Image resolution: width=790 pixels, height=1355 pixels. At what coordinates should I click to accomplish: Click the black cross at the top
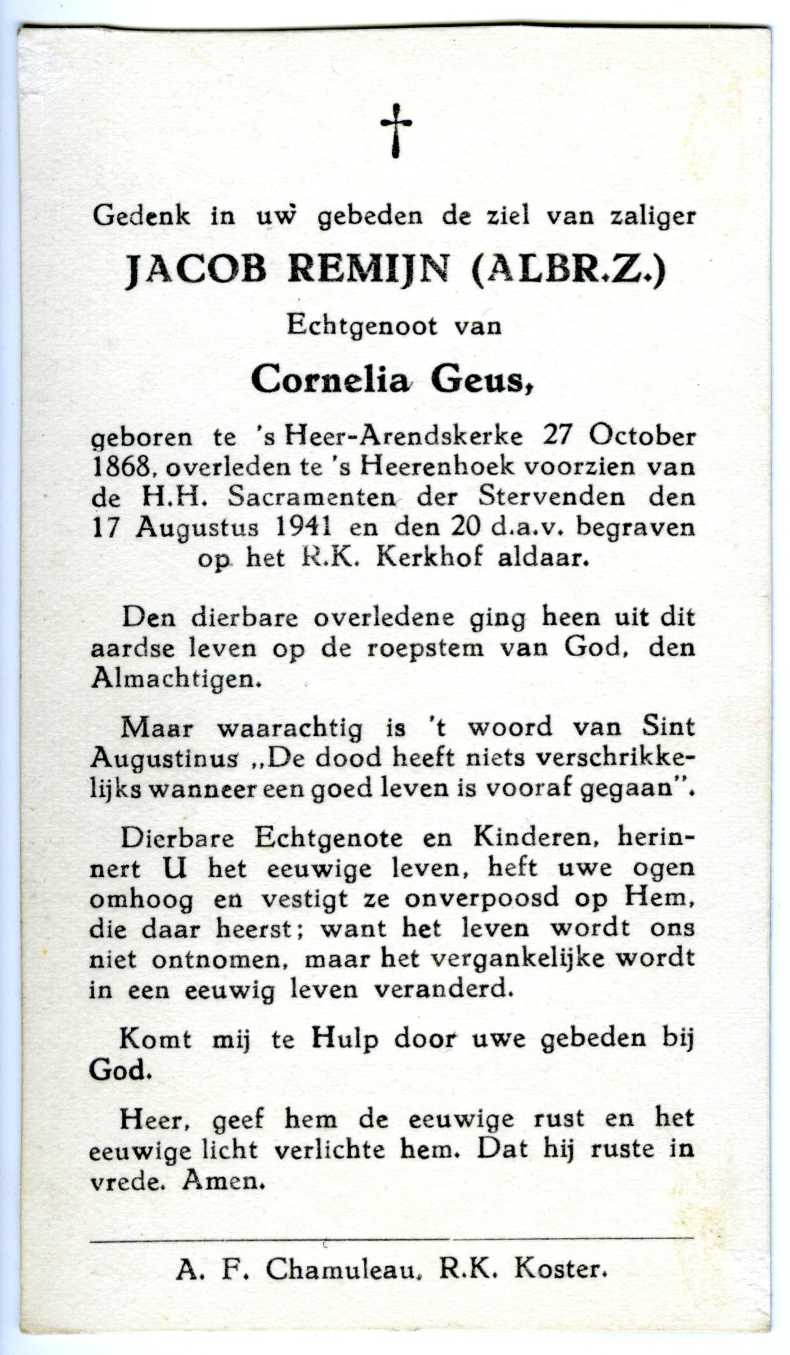[x=395, y=129]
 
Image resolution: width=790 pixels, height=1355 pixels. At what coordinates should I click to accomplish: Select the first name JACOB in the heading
[x=194, y=270]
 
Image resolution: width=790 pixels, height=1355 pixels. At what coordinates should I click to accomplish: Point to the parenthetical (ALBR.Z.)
[x=569, y=270]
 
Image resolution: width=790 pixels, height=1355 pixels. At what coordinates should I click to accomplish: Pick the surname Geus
[x=481, y=381]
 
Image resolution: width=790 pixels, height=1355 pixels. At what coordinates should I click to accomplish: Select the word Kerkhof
[x=420, y=558]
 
